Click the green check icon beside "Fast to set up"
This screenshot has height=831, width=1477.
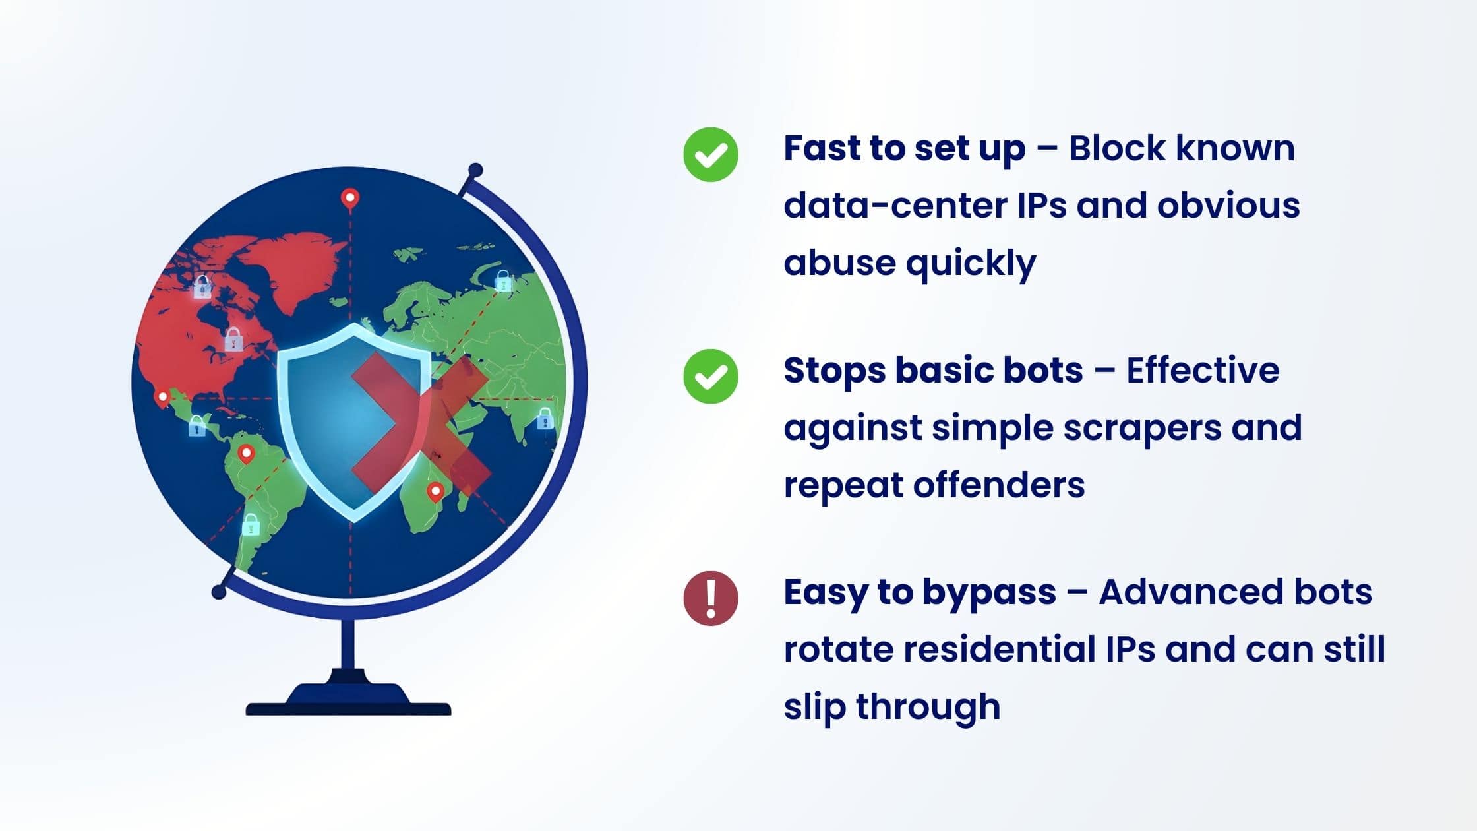coord(710,154)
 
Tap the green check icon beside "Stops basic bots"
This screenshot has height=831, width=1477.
coord(710,376)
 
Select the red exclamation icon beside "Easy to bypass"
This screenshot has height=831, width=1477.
coord(710,598)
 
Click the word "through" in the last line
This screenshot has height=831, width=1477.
coord(928,706)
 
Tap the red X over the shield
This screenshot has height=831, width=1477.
coord(421,423)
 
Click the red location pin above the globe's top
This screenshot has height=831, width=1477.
coord(349,198)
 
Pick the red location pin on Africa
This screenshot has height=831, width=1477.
coord(435,492)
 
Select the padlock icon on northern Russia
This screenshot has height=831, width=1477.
coord(503,281)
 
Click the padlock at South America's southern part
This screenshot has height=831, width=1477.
coord(251,525)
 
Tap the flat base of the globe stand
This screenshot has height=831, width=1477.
coord(348,708)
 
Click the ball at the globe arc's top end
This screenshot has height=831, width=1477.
coord(475,171)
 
